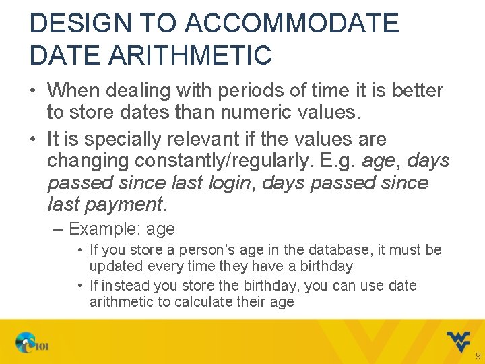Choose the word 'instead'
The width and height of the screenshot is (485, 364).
point(127,286)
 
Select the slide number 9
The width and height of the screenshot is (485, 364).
point(478,356)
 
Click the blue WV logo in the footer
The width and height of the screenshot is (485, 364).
point(458,341)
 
